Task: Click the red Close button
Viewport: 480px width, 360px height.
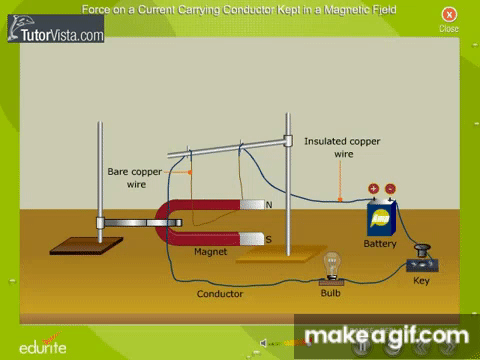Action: pos(449,15)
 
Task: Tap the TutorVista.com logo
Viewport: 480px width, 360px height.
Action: pos(56,29)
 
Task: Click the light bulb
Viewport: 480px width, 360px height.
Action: pos(332,266)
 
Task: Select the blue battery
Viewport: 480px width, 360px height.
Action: pos(382,218)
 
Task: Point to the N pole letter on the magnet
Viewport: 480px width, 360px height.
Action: pos(269,205)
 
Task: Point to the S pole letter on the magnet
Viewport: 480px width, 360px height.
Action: pos(269,239)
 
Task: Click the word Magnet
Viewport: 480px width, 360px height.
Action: pos(210,252)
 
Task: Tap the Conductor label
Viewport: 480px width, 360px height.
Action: pos(220,294)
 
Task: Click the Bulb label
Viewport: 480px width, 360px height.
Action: pos(330,293)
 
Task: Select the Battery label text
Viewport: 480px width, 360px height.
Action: pos(380,244)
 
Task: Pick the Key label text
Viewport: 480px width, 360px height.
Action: pos(421,281)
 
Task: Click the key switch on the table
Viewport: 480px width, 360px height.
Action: pos(422,260)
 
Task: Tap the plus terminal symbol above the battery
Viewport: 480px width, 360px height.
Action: pos(374,189)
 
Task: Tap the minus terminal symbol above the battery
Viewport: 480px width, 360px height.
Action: pos(390,189)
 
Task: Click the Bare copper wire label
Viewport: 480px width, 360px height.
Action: pos(135,178)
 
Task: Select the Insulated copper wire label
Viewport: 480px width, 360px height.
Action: pos(342,147)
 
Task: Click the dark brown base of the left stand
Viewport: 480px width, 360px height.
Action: pos(86,246)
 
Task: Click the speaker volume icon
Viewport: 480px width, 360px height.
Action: pos(263,343)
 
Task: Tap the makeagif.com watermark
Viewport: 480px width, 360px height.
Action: pos(387,336)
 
